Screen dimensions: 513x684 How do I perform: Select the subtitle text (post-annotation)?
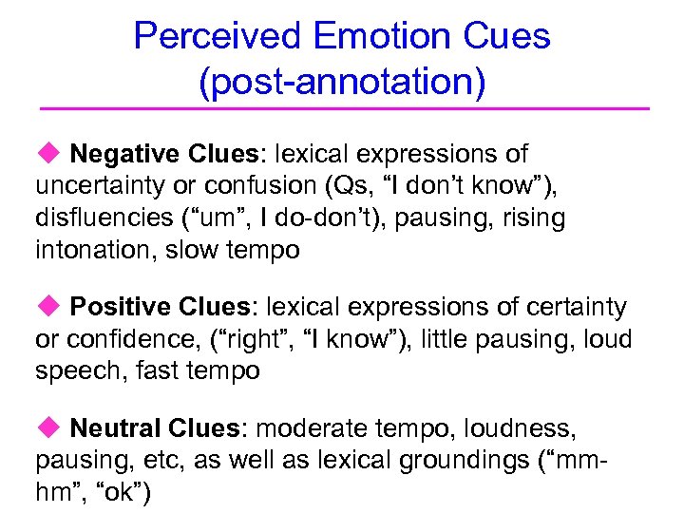(x=342, y=81)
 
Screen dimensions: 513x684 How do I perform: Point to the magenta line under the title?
(x=342, y=109)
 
